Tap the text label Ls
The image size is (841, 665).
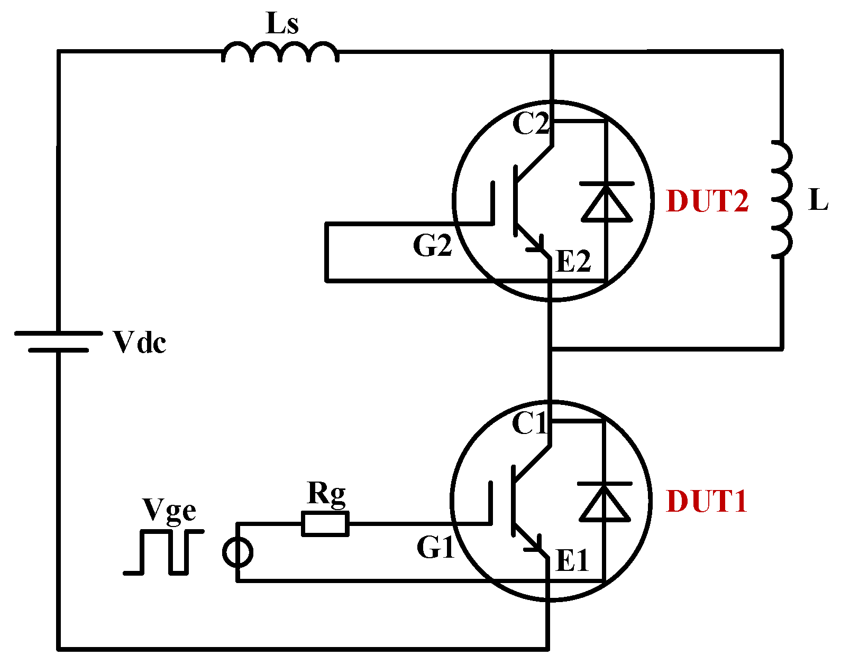coord(282,24)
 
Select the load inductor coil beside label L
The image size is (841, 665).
coord(782,200)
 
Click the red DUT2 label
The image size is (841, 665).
coord(707,201)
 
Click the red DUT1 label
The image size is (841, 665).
coord(707,501)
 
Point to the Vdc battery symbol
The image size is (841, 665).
coord(58,341)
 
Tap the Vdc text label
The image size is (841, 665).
coord(140,343)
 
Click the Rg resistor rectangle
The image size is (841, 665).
coord(325,524)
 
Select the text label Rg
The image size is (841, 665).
coord(326,494)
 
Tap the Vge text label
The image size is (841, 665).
coord(169,510)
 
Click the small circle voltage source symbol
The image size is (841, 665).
coord(237,553)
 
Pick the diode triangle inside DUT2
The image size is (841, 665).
coord(606,204)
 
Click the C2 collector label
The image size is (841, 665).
coord(531,125)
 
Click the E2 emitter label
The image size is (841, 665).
coord(573,262)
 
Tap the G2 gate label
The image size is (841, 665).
coord(432,246)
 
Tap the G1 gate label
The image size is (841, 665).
coord(435,548)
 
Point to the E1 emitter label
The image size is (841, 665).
coord(572,561)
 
